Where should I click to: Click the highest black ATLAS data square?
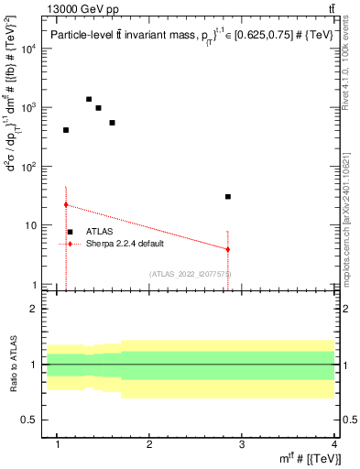coord(89,99)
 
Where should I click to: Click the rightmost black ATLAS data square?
coord(228,196)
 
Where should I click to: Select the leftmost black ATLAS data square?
coord(66,130)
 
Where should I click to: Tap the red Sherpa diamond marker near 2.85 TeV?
coord(228,249)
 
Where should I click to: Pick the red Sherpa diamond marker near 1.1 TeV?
coord(66,205)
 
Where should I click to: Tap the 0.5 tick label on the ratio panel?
coord(29,420)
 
